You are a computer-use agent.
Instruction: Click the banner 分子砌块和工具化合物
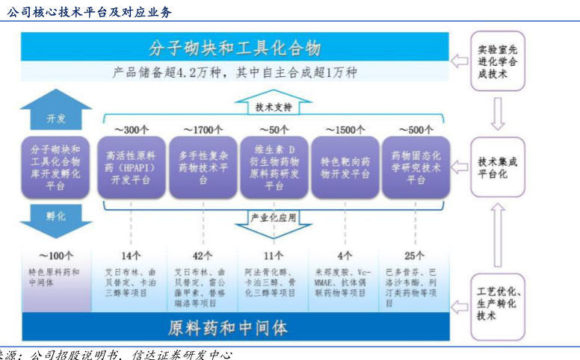[x=235, y=49]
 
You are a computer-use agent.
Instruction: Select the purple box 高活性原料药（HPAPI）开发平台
[x=132, y=167]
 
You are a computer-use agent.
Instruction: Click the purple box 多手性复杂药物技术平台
[x=203, y=167]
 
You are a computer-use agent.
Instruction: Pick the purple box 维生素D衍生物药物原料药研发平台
[x=274, y=167]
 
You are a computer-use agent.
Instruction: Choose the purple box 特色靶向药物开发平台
[x=345, y=167]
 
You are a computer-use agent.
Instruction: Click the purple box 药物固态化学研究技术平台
[x=416, y=167]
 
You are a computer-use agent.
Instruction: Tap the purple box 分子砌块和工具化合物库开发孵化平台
[x=56, y=167]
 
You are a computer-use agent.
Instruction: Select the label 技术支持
[x=274, y=107]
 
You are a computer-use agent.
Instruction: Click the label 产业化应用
[x=274, y=218]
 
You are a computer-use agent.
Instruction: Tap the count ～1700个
[x=203, y=130]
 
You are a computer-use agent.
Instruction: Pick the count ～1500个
[x=345, y=130]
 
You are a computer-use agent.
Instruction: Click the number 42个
[x=203, y=256]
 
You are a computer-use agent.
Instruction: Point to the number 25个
[x=416, y=256]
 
